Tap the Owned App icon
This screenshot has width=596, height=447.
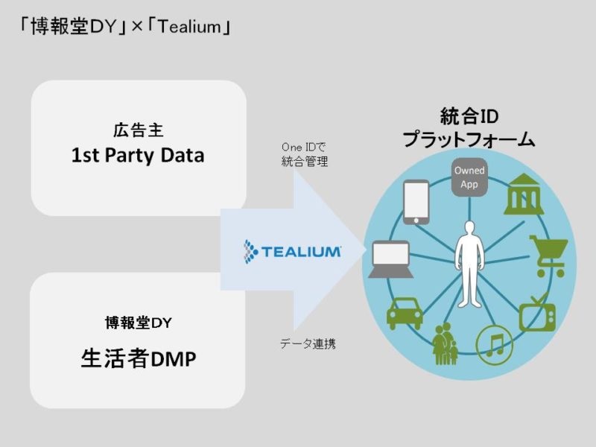click(469, 177)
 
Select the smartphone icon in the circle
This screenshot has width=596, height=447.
click(416, 201)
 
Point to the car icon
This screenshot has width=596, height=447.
click(405, 312)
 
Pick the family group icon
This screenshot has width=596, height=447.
click(445, 343)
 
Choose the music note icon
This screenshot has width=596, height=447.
click(494, 344)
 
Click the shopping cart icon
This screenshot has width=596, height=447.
click(550, 255)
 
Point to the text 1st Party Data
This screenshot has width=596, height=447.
click(138, 156)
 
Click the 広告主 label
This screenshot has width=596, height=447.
click(138, 131)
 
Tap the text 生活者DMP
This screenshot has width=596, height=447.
click(138, 359)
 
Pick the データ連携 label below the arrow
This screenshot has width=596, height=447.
click(308, 344)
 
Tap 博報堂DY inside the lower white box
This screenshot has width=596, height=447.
click(138, 323)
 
